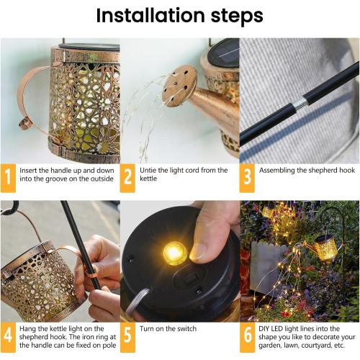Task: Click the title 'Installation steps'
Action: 179,15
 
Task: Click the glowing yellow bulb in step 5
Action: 174,253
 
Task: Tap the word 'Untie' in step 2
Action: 150,171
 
